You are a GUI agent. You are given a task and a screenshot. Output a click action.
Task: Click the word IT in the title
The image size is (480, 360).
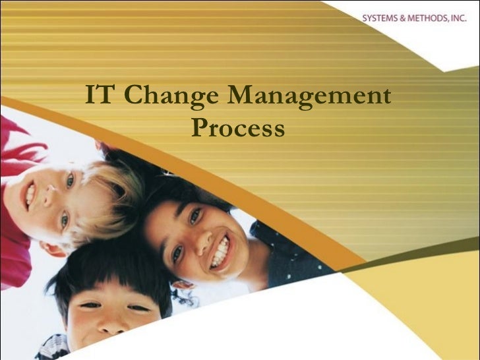100,96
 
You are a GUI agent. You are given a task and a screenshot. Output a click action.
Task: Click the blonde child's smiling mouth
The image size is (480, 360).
30,196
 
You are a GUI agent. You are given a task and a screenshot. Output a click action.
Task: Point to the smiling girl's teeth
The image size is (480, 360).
220,253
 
